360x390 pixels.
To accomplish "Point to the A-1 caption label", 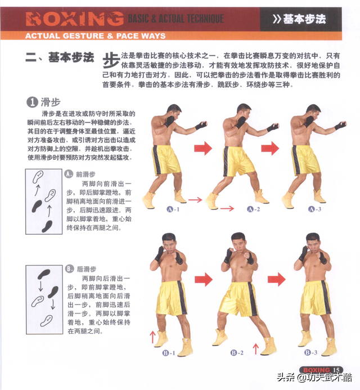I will [172, 209].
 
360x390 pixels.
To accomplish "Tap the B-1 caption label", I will [169, 353].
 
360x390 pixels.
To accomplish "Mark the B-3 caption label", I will [311, 353].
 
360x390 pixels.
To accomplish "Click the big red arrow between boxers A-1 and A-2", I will [203, 148].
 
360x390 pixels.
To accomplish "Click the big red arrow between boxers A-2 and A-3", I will [270, 148].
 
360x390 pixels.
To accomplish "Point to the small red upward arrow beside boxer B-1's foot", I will [151, 337].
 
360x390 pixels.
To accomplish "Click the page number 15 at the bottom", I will [336, 370].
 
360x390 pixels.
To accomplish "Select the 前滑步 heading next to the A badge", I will [87, 174].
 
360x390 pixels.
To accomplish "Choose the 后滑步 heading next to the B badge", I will [87, 269].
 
